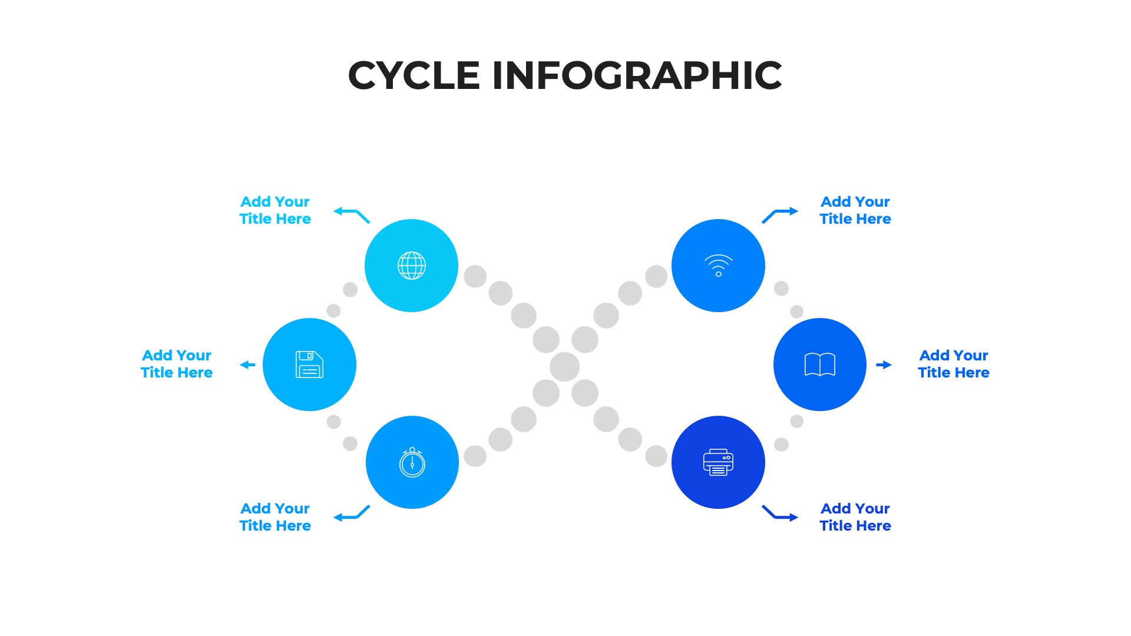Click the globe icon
[412, 266]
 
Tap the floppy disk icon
[309, 365]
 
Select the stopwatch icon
[412, 462]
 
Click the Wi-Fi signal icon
[719, 266]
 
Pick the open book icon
[820, 365]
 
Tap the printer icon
[718, 462]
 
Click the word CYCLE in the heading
[414, 75]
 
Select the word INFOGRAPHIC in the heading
[637, 75]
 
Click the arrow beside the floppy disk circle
[248, 365]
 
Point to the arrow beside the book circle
[884, 365]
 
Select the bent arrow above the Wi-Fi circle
[780, 214]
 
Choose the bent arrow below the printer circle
[780, 514]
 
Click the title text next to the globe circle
[275, 210]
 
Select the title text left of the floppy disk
[177, 364]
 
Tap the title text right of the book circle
[954, 364]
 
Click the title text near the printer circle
[855, 517]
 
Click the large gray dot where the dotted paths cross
[565, 367]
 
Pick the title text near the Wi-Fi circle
[855, 210]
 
